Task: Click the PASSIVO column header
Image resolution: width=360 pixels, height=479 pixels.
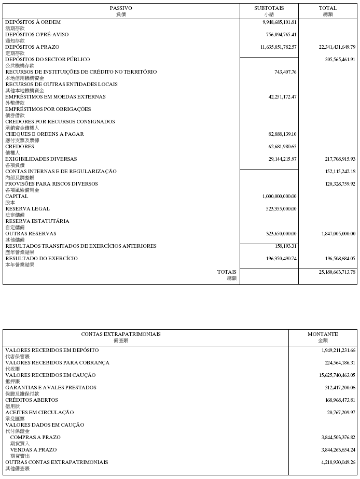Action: pos(121,8)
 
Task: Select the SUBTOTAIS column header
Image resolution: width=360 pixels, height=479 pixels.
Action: pos(269,8)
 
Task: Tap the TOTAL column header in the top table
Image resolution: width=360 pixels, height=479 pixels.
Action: pos(328,8)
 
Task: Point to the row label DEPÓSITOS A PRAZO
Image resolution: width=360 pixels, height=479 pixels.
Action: pos(32,47)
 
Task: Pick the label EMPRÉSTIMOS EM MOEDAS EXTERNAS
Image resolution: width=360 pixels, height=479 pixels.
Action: pos(56,97)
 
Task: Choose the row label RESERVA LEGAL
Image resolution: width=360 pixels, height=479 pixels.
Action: pos(27,209)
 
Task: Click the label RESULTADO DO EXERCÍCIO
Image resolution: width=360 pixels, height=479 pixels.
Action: pos(41,259)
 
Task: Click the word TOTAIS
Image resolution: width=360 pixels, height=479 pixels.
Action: pos(227,272)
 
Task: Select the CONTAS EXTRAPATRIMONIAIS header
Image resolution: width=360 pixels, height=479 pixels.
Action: pos(121,334)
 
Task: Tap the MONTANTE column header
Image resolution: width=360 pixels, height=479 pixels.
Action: pos(323,334)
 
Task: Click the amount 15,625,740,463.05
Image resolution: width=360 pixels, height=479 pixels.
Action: pos(330,375)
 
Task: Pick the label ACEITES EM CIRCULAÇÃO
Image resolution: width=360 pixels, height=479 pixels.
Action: pos(39,413)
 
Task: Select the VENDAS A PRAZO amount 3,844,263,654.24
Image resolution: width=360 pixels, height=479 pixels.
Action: pos(331,450)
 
